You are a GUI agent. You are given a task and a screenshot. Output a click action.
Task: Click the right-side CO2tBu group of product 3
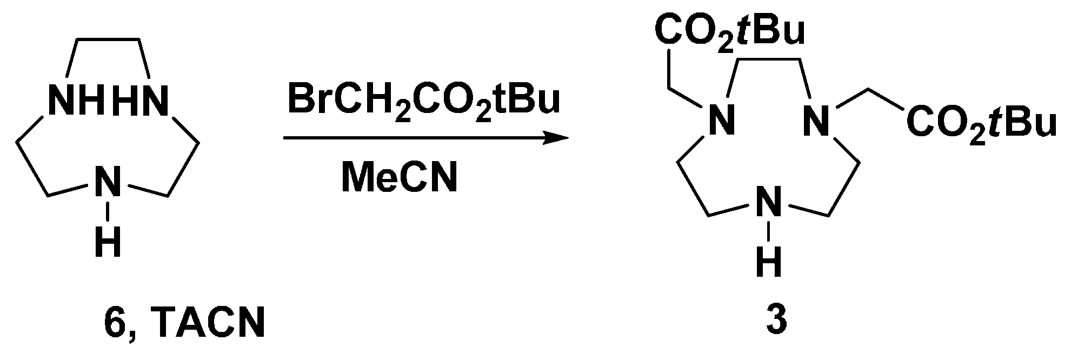coord(981,123)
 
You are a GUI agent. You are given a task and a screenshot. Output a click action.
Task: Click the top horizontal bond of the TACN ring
coord(108,39)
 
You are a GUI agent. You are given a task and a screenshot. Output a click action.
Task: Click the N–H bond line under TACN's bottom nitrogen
coord(108,211)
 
